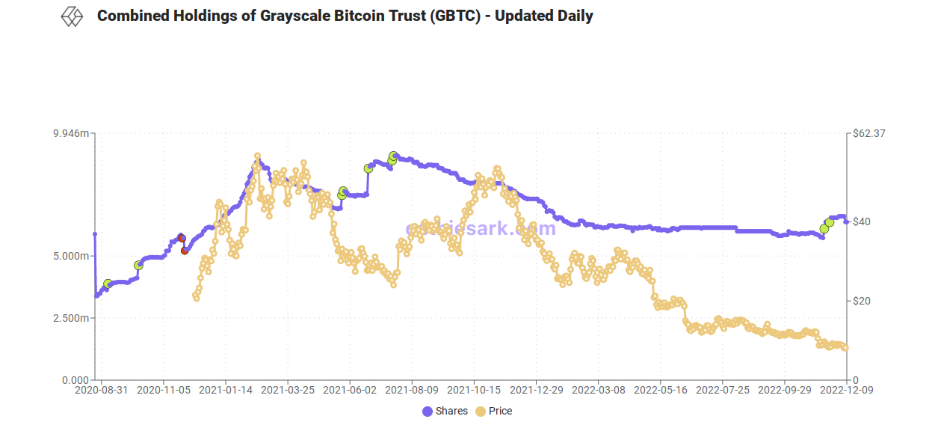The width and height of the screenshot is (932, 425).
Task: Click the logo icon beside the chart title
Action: tap(72, 16)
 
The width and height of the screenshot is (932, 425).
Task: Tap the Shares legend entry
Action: tap(445, 411)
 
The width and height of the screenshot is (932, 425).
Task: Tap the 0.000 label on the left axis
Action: tap(75, 380)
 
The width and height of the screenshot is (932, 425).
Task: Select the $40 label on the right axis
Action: tap(862, 221)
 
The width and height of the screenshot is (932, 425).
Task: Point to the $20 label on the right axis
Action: tap(862, 301)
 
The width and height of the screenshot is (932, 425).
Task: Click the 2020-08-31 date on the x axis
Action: tap(102, 390)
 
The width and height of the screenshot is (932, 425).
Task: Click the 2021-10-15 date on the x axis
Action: tap(472, 390)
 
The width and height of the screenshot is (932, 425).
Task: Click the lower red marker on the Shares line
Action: tap(185, 250)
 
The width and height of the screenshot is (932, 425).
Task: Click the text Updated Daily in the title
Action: tap(543, 16)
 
